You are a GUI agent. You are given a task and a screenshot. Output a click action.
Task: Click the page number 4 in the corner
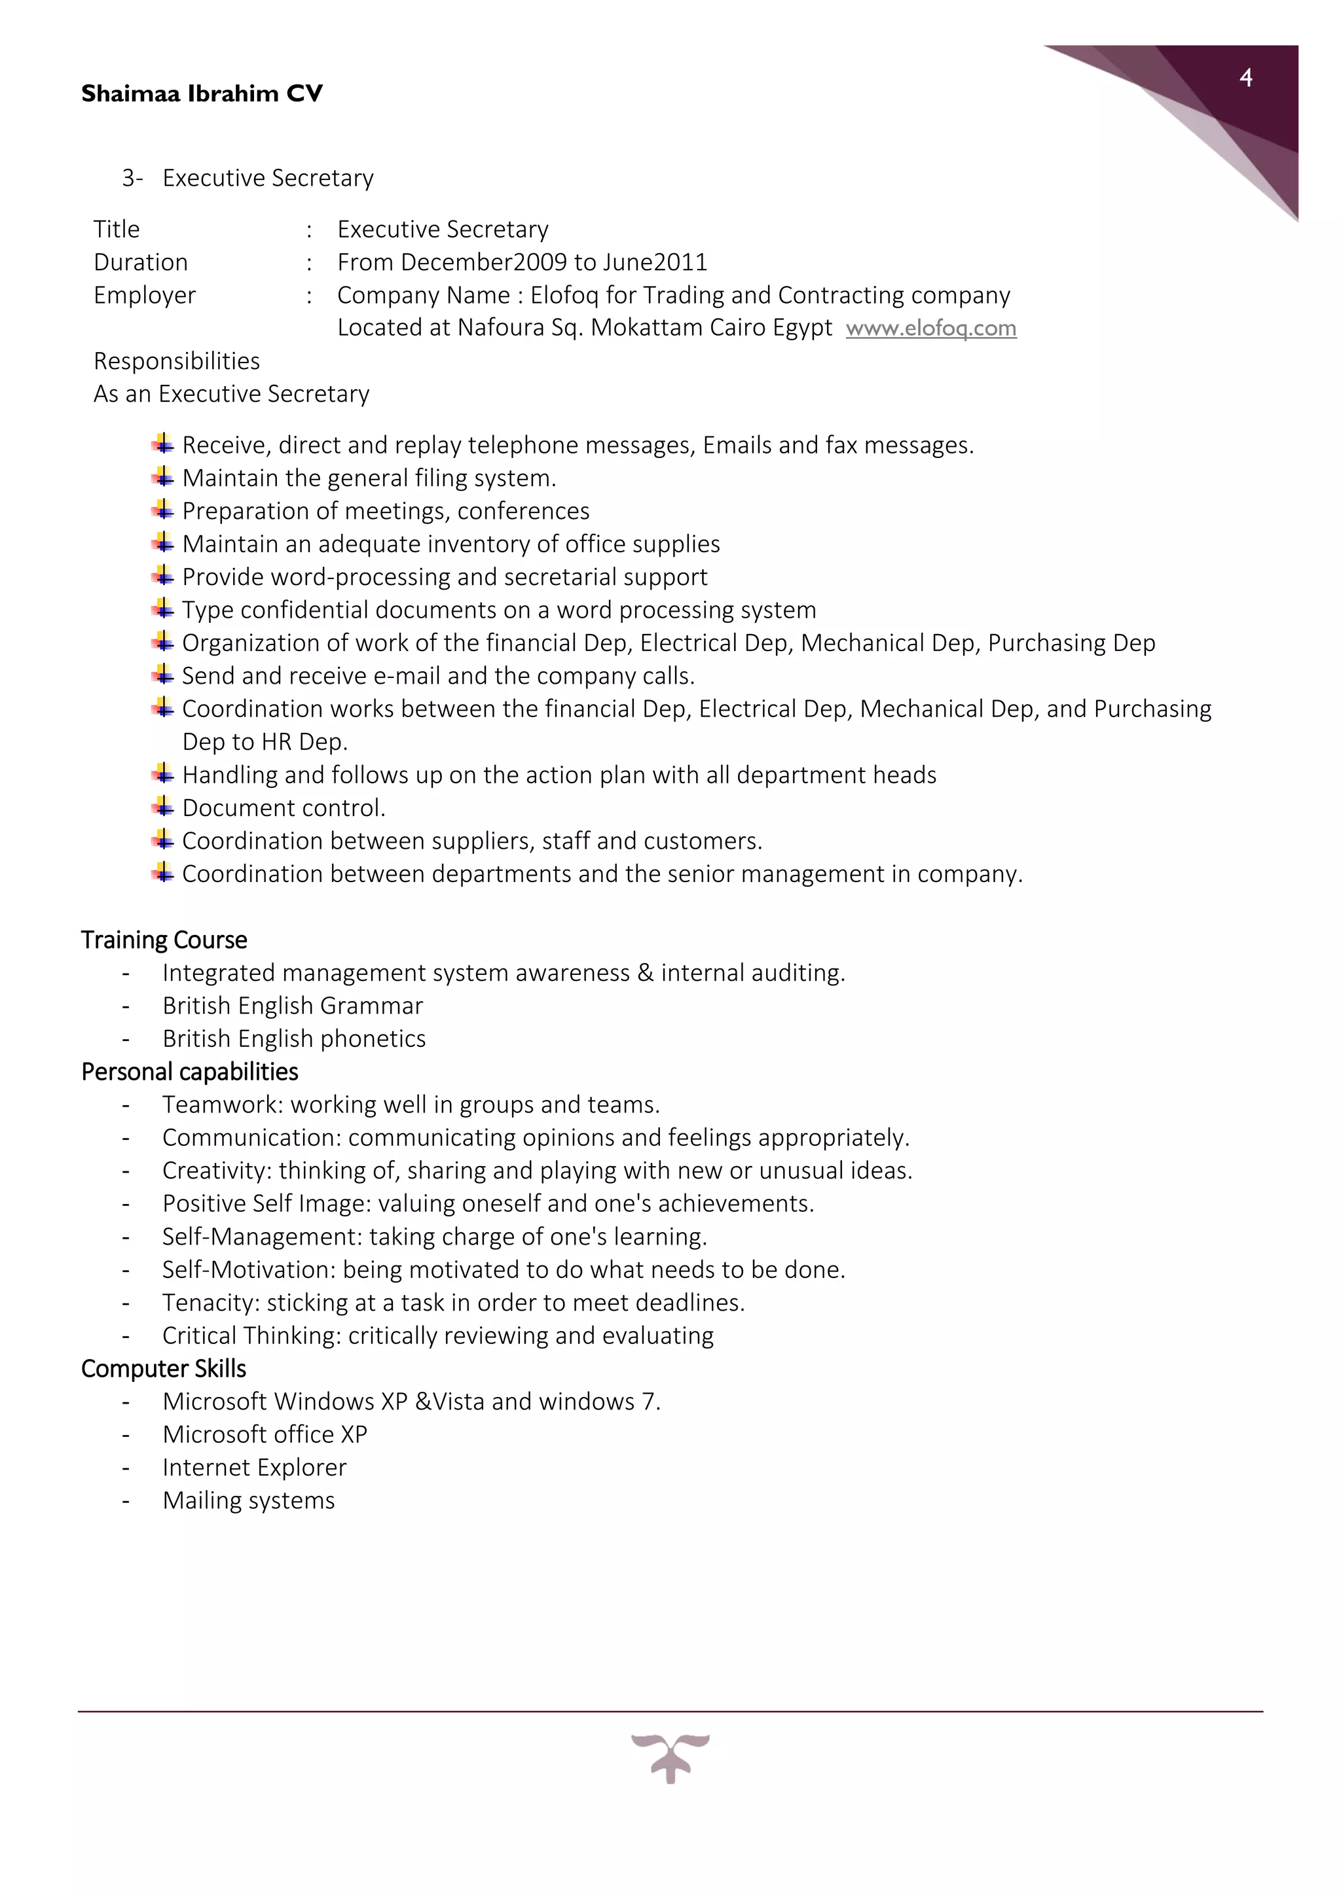point(1246,79)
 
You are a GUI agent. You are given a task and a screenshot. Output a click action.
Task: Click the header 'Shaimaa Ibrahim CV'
point(202,94)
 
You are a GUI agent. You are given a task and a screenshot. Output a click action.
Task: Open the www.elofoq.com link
point(930,328)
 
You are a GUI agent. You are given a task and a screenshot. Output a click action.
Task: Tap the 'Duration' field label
point(140,262)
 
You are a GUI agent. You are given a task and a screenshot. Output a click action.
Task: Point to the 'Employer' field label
point(145,296)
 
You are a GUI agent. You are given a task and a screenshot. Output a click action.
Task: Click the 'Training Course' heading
point(164,940)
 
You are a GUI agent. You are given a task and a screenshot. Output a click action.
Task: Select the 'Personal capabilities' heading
point(189,1072)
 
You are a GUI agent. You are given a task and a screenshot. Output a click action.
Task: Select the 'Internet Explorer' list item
point(254,1468)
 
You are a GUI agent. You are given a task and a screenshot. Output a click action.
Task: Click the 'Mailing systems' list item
point(249,1501)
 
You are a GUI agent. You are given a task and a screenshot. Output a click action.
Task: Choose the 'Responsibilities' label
point(177,361)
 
